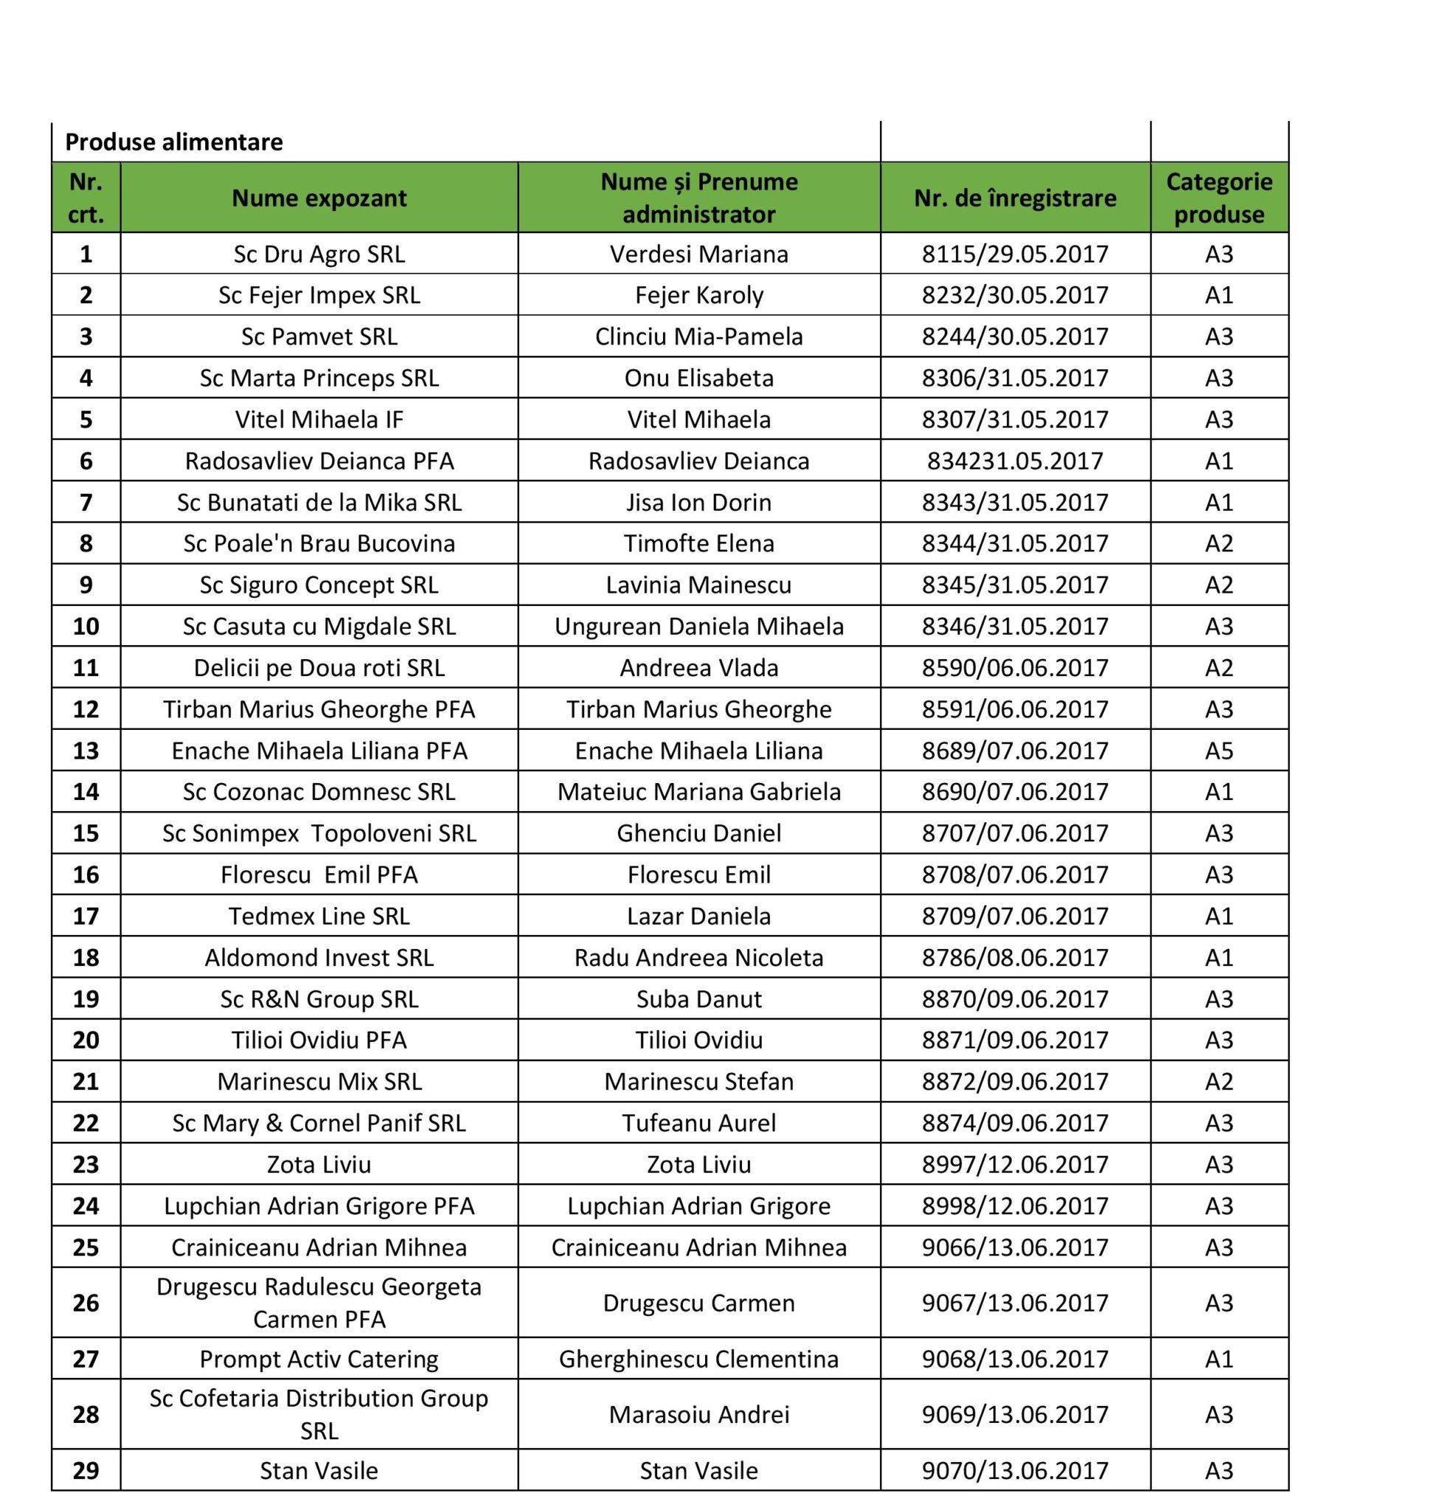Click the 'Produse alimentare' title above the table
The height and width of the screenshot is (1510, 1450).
point(173,142)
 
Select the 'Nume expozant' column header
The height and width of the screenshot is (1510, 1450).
point(319,198)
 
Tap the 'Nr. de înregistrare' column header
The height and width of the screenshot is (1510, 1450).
point(1015,198)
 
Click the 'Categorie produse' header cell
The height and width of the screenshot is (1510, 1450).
point(1219,198)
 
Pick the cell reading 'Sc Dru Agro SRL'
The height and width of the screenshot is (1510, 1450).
point(319,254)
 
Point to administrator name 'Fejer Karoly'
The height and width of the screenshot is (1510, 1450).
point(698,295)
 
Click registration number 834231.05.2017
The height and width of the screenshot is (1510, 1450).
point(1015,461)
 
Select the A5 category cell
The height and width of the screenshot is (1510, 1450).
point(1219,751)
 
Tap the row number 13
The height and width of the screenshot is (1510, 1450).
point(86,751)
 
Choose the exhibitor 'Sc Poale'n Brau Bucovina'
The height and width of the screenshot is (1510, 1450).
point(319,543)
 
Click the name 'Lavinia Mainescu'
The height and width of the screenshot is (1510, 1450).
point(698,585)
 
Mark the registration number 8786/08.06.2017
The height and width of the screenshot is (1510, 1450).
point(1015,958)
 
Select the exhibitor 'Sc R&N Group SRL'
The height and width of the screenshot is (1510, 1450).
point(319,999)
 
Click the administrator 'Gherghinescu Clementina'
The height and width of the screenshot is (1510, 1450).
point(698,1359)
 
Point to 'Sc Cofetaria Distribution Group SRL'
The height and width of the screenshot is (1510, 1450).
point(319,1414)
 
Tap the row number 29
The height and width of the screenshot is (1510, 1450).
point(86,1471)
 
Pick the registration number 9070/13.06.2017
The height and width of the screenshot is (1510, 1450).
point(1015,1471)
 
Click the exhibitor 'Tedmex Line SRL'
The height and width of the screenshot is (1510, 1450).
point(319,916)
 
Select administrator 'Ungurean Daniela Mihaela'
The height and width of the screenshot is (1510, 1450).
point(698,627)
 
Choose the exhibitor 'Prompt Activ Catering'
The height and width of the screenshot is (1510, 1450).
point(319,1359)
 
